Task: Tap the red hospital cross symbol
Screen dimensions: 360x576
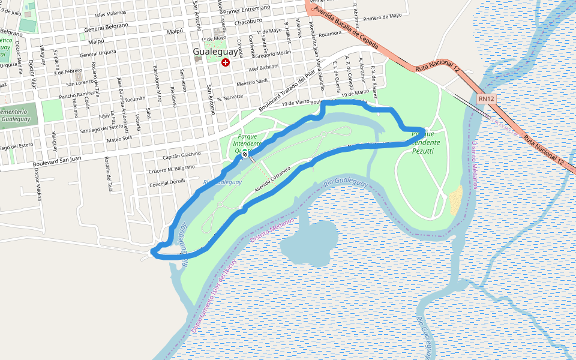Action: pos(226,62)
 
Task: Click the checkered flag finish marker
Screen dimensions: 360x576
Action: pos(245,152)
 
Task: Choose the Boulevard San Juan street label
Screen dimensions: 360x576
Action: pos(58,161)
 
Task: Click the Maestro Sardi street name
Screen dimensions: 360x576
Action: pos(252,83)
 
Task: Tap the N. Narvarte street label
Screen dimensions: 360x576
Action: pos(230,97)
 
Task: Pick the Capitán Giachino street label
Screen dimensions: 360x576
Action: pos(182,154)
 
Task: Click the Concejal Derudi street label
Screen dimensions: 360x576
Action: pos(167,182)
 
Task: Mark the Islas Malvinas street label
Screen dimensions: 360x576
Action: pos(112,14)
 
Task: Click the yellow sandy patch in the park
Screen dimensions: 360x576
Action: pos(456,200)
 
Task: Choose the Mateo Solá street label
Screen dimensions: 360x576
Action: pos(119,139)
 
